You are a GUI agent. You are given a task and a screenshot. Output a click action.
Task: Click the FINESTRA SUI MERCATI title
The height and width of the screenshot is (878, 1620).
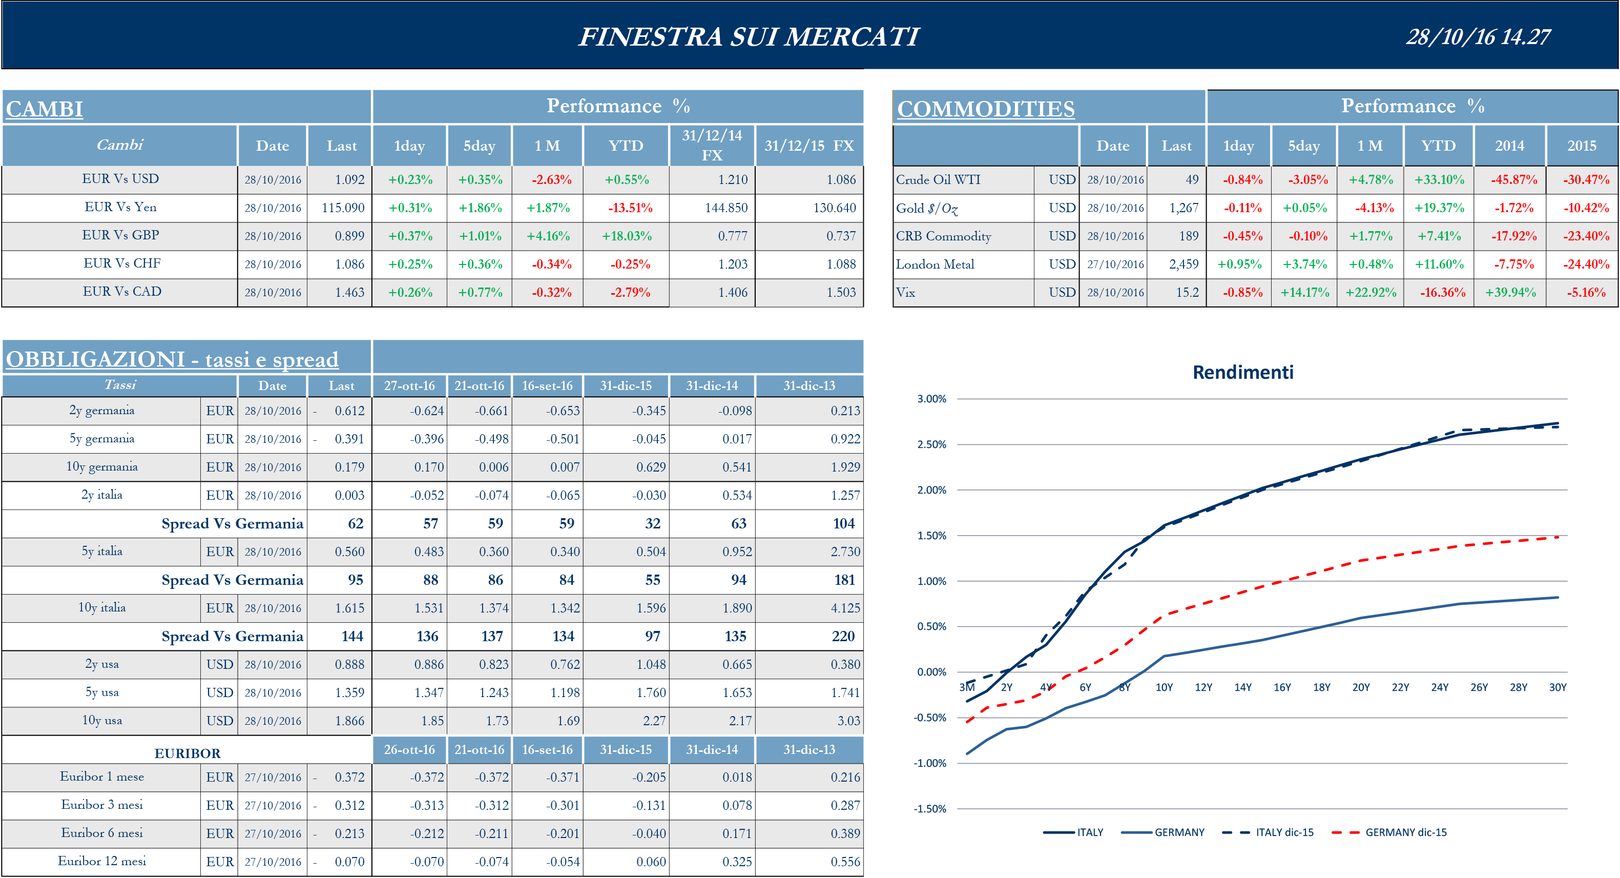pyautogui.click(x=749, y=36)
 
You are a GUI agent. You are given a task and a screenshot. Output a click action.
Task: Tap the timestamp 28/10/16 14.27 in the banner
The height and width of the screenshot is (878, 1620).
pyautogui.click(x=1478, y=37)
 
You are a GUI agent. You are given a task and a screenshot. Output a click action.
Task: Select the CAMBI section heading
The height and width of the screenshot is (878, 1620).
pyautogui.click(x=44, y=109)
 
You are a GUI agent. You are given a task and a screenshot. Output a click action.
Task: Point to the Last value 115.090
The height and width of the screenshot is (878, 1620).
pyautogui.click(x=343, y=208)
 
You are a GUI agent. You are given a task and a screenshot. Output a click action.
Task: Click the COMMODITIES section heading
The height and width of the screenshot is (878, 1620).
pyautogui.click(x=985, y=109)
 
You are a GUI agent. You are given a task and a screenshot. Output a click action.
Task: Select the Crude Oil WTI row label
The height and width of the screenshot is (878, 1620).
pyautogui.click(x=938, y=180)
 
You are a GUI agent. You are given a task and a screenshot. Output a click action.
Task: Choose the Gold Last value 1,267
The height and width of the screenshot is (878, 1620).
pyautogui.click(x=1183, y=208)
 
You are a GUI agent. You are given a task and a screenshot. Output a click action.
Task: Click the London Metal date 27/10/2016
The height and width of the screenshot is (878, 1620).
pyautogui.click(x=1115, y=264)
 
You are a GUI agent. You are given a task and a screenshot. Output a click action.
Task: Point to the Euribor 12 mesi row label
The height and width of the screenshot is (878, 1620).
pyautogui.click(x=102, y=861)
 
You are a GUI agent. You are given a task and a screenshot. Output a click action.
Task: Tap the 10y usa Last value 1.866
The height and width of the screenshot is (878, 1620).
pyautogui.click(x=349, y=721)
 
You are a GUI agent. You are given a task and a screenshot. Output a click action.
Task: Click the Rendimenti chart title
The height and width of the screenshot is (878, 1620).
pyautogui.click(x=1243, y=372)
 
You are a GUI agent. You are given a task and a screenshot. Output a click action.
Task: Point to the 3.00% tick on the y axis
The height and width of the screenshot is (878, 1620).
pyautogui.click(x=931, y=399)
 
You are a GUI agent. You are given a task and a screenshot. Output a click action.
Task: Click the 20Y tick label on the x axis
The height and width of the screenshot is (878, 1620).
pyautogui.click(x=1360, y=687)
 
